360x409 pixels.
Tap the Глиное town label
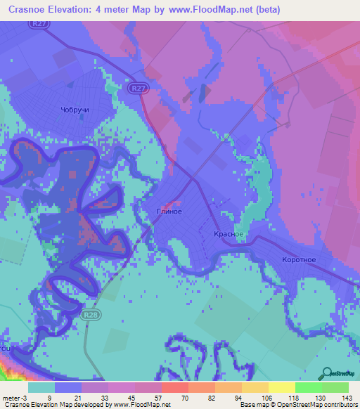(x=169, y=212)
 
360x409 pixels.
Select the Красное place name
(x=229, y=234)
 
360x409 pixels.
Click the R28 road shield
(x=89, y=315)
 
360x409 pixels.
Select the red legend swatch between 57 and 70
(x=174, y=387)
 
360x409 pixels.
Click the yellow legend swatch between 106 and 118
(x=281, y=387)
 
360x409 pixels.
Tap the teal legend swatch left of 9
(x=41, y=387)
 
